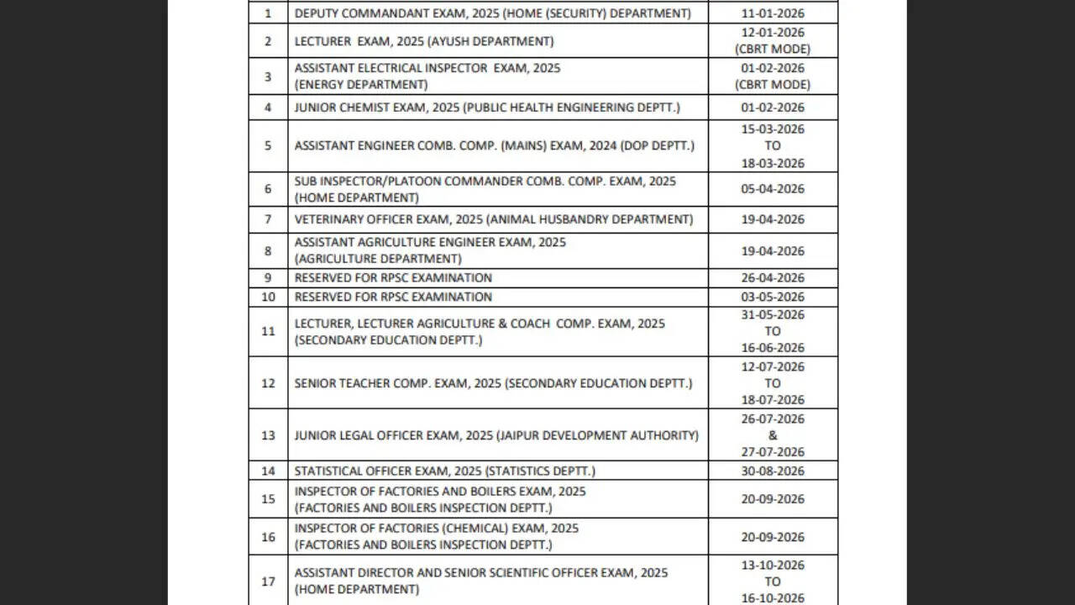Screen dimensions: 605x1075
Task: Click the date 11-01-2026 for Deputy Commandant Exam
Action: pos(773,13)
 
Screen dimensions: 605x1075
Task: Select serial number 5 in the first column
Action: pos(268,145)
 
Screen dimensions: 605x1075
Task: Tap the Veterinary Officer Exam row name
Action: pos(493,219)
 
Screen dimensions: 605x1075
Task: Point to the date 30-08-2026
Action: pos(773,471)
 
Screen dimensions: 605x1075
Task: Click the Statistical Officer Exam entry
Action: pos(444,471)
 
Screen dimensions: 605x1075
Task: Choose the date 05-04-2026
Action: pos(773,189)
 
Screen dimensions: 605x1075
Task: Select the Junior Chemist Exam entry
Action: pos(486,108)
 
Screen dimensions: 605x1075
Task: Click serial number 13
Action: pos(268,435)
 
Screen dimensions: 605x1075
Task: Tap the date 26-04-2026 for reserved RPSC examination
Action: pos(773,278)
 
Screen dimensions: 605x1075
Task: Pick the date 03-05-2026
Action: pos(773,297)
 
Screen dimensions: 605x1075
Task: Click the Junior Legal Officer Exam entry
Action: pos(496,435)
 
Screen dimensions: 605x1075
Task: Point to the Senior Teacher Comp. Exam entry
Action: pos(493,383)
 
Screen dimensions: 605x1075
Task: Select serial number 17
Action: pos(268,581)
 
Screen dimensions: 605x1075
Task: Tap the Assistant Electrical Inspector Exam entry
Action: pos(427,76)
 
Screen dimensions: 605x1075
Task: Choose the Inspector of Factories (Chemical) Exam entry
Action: pos(436,536)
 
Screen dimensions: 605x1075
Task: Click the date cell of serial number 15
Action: pos(773,499)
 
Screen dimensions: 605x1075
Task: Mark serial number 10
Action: pos(268,297)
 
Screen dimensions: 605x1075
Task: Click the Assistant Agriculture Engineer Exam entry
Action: pos(430,250)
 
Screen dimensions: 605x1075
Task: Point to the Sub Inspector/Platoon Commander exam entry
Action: pos(485,189)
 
